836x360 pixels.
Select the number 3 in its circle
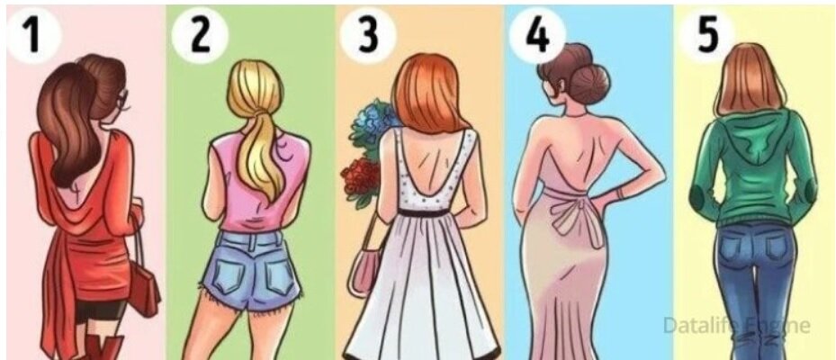[368, 36]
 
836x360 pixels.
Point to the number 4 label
[537, 36]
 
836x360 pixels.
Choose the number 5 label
[707, 36]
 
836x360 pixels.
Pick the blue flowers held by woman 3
[371, 126]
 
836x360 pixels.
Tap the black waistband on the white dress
[432, 212]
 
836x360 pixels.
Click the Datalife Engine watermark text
[736, 325]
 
